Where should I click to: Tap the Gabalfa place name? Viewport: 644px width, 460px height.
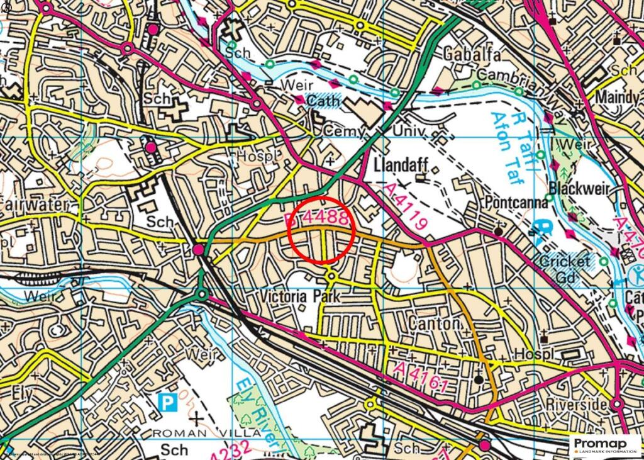[472, 54]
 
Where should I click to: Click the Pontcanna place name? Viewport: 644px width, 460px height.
[515, 204]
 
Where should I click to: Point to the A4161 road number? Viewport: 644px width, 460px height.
[421, 376]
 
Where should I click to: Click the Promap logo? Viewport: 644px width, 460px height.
[606, 445]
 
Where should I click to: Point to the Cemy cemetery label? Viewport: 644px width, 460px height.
[343, 131]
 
